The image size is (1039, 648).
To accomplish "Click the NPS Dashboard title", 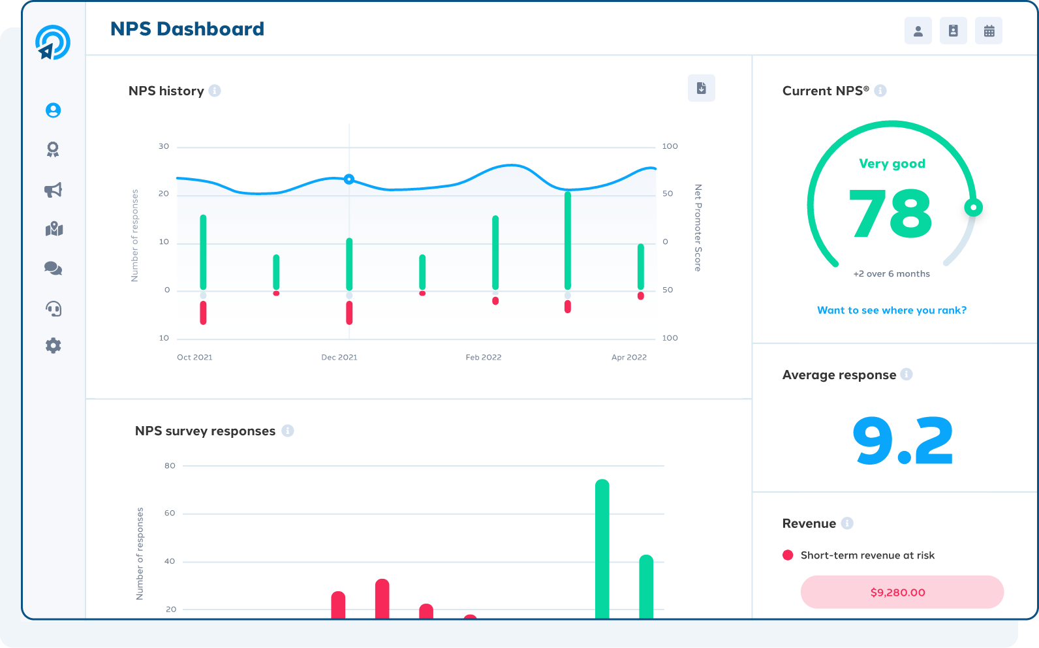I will tap(187, 29).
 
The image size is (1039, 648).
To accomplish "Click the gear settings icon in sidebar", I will tap(54, 346).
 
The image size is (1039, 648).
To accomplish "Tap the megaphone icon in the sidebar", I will tap(54, 190).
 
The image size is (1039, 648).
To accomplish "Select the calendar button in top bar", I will tap(989, 31).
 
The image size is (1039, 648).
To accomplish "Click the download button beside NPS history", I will tap(702, 88).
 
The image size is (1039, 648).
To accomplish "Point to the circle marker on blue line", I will tap(349, 179).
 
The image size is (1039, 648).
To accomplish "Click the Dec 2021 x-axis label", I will tap(339, 357).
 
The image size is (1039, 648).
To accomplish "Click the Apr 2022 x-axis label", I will tap(629, 357).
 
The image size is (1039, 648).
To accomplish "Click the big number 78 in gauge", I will tap(891, 213).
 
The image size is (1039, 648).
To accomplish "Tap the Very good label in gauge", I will tap(892, 164).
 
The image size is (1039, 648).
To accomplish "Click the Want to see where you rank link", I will tap(892, 310).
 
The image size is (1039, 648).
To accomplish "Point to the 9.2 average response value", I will tap(903, 441).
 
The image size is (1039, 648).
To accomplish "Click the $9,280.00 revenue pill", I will tap(901, 592).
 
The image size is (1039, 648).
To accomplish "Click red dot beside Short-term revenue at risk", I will tap(788, 555).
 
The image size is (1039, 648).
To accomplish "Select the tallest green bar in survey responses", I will tap(602, 548).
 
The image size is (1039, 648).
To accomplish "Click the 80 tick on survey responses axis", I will tap(170, 465).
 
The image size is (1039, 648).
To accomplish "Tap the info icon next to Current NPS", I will tap(880, 91).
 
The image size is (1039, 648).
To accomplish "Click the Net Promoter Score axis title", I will tap(698, 228).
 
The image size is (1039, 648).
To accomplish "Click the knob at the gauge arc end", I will tap(973, 208).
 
